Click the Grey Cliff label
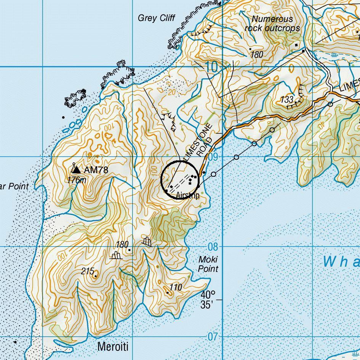tap(156, 18)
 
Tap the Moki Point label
tap(208, 264)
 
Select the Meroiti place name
tap(113, 347)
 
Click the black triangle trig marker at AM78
tap(77, 170)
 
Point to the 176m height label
tap(76, 180)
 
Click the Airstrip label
tap(187, 196)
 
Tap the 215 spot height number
tap(88, 271)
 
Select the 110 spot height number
tap(175, 287)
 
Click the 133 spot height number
tap(286, 99)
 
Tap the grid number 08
tap(213, 247)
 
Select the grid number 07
tap(213, 337)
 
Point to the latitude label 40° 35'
tap(208, 300)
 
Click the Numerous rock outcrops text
tap(272, 23)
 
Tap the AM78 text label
tap(96, 170)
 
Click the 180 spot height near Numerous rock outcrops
tap(257, 54)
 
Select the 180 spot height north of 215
tap(122, 244)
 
